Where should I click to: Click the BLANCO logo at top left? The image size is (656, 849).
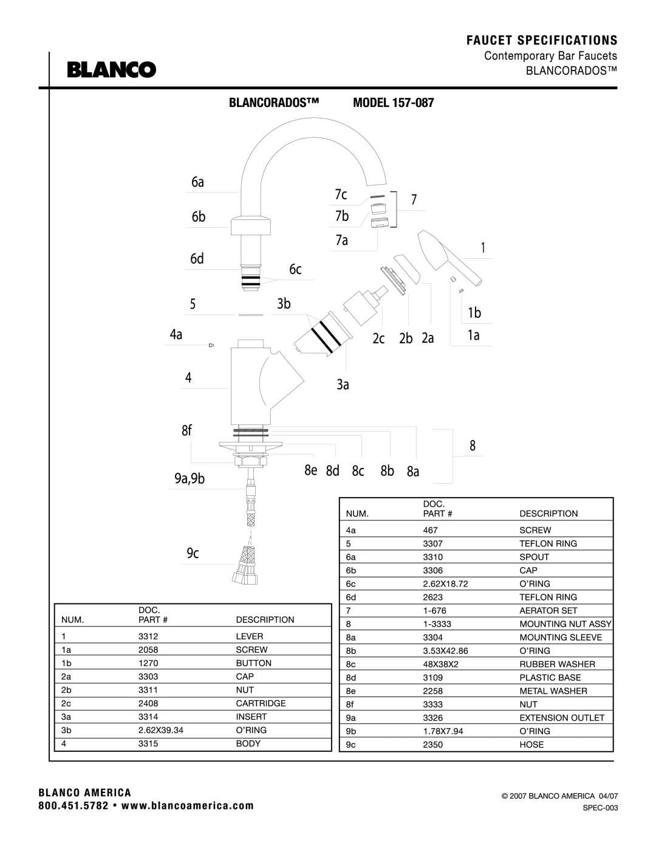[x=112, y=69]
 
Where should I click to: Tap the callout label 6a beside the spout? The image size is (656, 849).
[x=197, y=182]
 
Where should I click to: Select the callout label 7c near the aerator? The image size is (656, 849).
[x=341, y=194]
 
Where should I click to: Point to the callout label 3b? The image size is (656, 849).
[x=284, y=303]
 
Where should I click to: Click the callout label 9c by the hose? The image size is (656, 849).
[x=193, y=553]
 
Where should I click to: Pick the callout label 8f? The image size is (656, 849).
[x=186, y=430]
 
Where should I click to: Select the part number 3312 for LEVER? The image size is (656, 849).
[x=148, y=636]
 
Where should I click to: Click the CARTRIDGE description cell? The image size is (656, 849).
[x=261, y=703]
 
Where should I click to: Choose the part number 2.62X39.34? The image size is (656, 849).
[x=160, y=730]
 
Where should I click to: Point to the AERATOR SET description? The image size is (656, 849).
[x=548, y=610]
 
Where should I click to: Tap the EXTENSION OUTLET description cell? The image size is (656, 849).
[x=561, y=718]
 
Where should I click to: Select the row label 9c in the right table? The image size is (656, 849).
[x=350, y=744]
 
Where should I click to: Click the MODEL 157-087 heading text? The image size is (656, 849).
[x=393, y=103]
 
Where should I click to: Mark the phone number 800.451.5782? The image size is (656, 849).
[x=73, y=806]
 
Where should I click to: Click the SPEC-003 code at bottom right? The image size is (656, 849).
[x=600, y=808]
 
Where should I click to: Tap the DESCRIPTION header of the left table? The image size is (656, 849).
[x=265, y=620]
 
